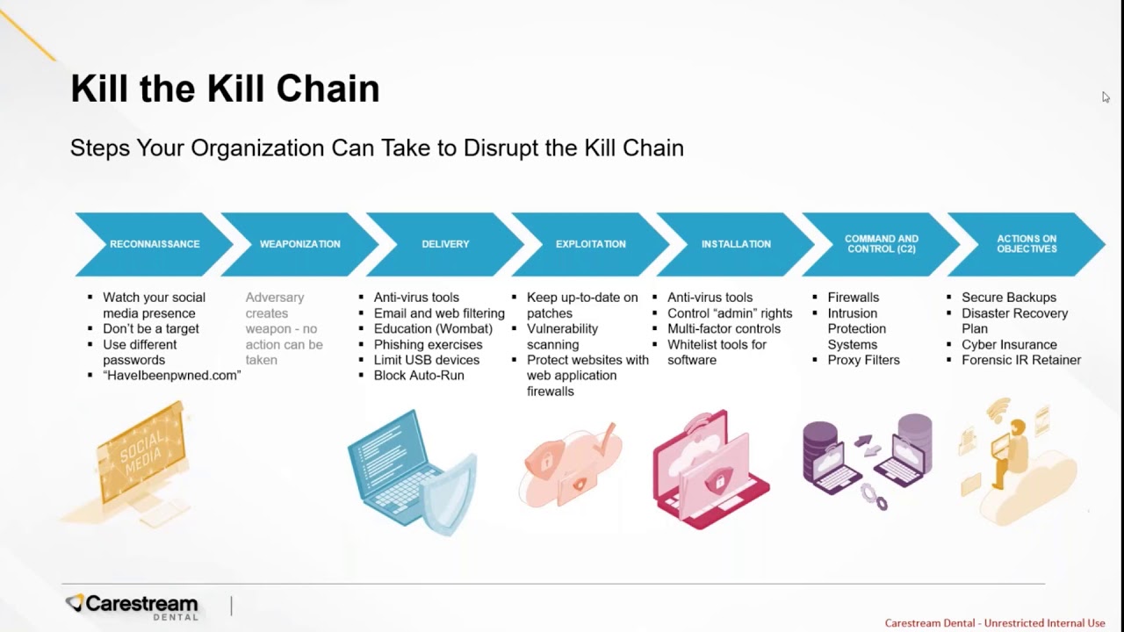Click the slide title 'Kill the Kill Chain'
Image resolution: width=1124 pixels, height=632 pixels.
pos(225,90)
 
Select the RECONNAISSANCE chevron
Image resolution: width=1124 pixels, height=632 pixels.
pos(155,244)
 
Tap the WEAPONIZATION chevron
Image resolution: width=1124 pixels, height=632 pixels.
pos(299,244)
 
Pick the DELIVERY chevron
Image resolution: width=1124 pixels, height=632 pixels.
pos(445,244)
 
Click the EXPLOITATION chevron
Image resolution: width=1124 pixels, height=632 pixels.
pos(591,244)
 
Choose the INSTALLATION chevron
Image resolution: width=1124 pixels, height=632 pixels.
pos(736,244)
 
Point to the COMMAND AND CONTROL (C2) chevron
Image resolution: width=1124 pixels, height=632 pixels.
pos(882,244)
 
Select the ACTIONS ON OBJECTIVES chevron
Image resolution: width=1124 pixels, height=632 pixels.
pos(1027,244)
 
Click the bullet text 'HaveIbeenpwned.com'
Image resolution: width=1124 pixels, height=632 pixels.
pos(172,376)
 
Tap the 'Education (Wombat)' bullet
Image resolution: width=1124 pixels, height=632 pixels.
pos(433,329)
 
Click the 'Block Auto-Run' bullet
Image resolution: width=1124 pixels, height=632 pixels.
pos(419,376)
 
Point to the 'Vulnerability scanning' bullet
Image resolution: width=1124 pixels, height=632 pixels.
pos(562,337)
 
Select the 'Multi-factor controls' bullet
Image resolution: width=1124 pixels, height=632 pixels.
pos(724,329)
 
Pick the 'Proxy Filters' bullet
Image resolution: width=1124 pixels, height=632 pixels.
pos(863,360)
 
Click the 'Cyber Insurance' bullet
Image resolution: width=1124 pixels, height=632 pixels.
pos(1009,345)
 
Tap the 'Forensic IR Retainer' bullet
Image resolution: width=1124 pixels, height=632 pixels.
pos(1021,360)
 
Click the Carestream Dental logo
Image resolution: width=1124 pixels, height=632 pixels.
pos(133,606)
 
